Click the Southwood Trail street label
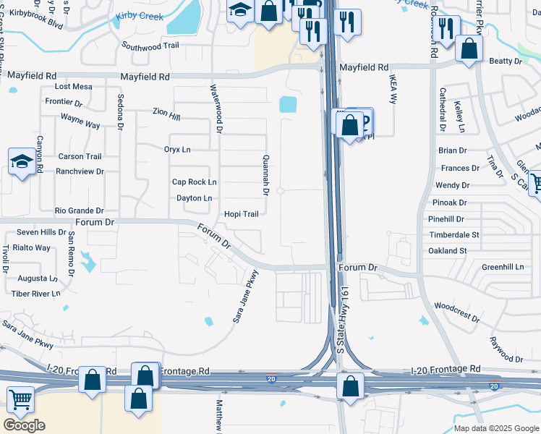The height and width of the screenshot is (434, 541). [150, 46]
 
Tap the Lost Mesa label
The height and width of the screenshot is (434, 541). [74, 87]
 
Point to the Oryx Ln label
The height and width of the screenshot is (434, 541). [177, 150]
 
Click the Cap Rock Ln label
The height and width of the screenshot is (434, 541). [194, 182]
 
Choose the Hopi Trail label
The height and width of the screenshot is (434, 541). [241, 214]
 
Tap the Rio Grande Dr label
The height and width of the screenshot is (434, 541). [80, 210]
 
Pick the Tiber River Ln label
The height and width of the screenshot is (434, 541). [36, 294]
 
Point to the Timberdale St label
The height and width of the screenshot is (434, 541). [453, 235]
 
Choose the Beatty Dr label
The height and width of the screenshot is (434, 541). [506, 61]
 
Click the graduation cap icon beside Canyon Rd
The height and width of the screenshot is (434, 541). [22, 162]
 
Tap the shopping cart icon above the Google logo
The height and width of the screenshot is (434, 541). [21, 398]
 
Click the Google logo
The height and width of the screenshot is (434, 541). [24, 425]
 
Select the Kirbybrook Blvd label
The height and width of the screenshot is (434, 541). [36, 18]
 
